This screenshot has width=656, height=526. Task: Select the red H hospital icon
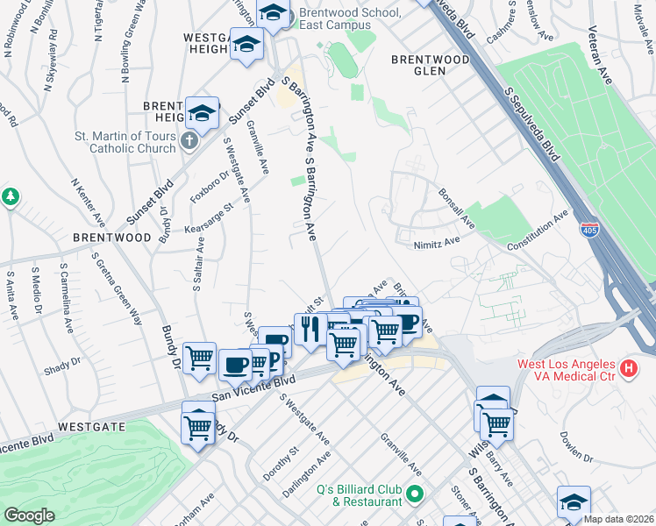pyautogui.click(x=628, y=369)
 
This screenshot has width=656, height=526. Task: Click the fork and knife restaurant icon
pyautogui.click(x=308, y=330)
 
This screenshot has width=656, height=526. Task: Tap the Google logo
pyautogui.click(x=29, y=515)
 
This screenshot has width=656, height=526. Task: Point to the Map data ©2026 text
pyautogui.click(x=619, y=519)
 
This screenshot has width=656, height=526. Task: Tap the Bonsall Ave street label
pyautogui.click(x=457, y=209)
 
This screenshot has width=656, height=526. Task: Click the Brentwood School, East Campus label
pyautogui.click(x=349, y=19)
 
